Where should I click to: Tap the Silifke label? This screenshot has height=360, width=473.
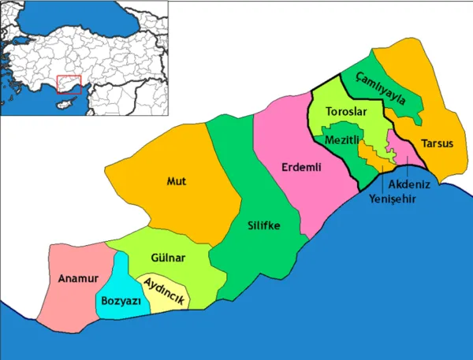tap(263, 226)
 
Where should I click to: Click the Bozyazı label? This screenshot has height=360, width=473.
tap(121, 301)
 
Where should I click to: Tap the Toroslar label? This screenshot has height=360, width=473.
tap(346, 113)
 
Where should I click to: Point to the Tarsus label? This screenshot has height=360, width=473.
tap(436, 143)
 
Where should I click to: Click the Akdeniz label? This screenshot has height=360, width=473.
tap(408, 183)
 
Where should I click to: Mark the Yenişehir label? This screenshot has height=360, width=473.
tap(393, 198)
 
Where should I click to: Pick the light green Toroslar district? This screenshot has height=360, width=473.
tap(330, 102)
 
